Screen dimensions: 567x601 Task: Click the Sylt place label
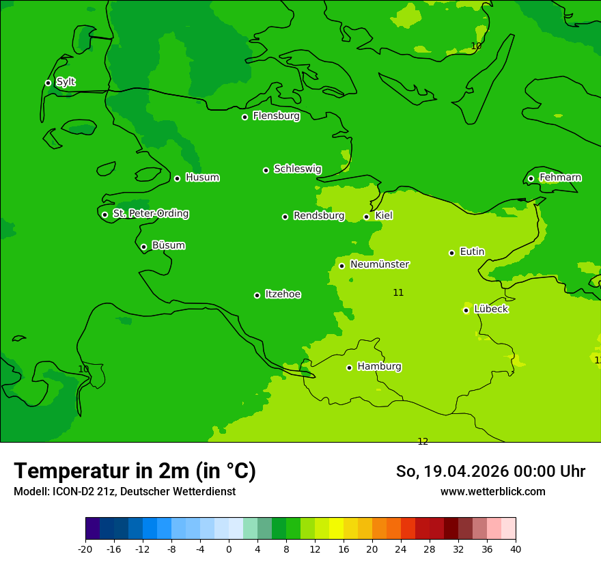coord(66,82)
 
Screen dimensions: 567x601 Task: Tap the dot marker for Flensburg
coord(244,117)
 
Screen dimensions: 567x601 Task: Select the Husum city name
coord(202,178)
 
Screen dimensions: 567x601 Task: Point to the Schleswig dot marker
coord(266,170)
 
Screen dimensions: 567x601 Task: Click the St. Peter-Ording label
coord(150,214)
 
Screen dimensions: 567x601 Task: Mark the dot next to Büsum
coord(143,247)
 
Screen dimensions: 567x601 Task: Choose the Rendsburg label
coord(319,216)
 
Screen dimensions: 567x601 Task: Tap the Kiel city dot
coord(366,217)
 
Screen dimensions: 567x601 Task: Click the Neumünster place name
coord(380,264)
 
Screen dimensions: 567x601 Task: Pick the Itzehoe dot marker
coord(257,295)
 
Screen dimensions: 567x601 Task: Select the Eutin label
coord(472,252)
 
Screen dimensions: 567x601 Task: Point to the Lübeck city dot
coord(466,310)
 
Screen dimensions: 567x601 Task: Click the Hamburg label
coord(379,367)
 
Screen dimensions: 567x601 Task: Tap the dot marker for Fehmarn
coord(531,178)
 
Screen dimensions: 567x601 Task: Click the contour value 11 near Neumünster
coord(398,292)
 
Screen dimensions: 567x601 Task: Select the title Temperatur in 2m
coord(135,471)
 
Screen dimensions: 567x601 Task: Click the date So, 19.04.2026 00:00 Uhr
coord(490,471)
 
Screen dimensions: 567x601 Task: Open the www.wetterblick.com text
coord(492,492)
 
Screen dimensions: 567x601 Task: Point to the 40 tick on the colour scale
coord(516,549)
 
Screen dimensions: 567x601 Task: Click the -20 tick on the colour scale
coord(85,549)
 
